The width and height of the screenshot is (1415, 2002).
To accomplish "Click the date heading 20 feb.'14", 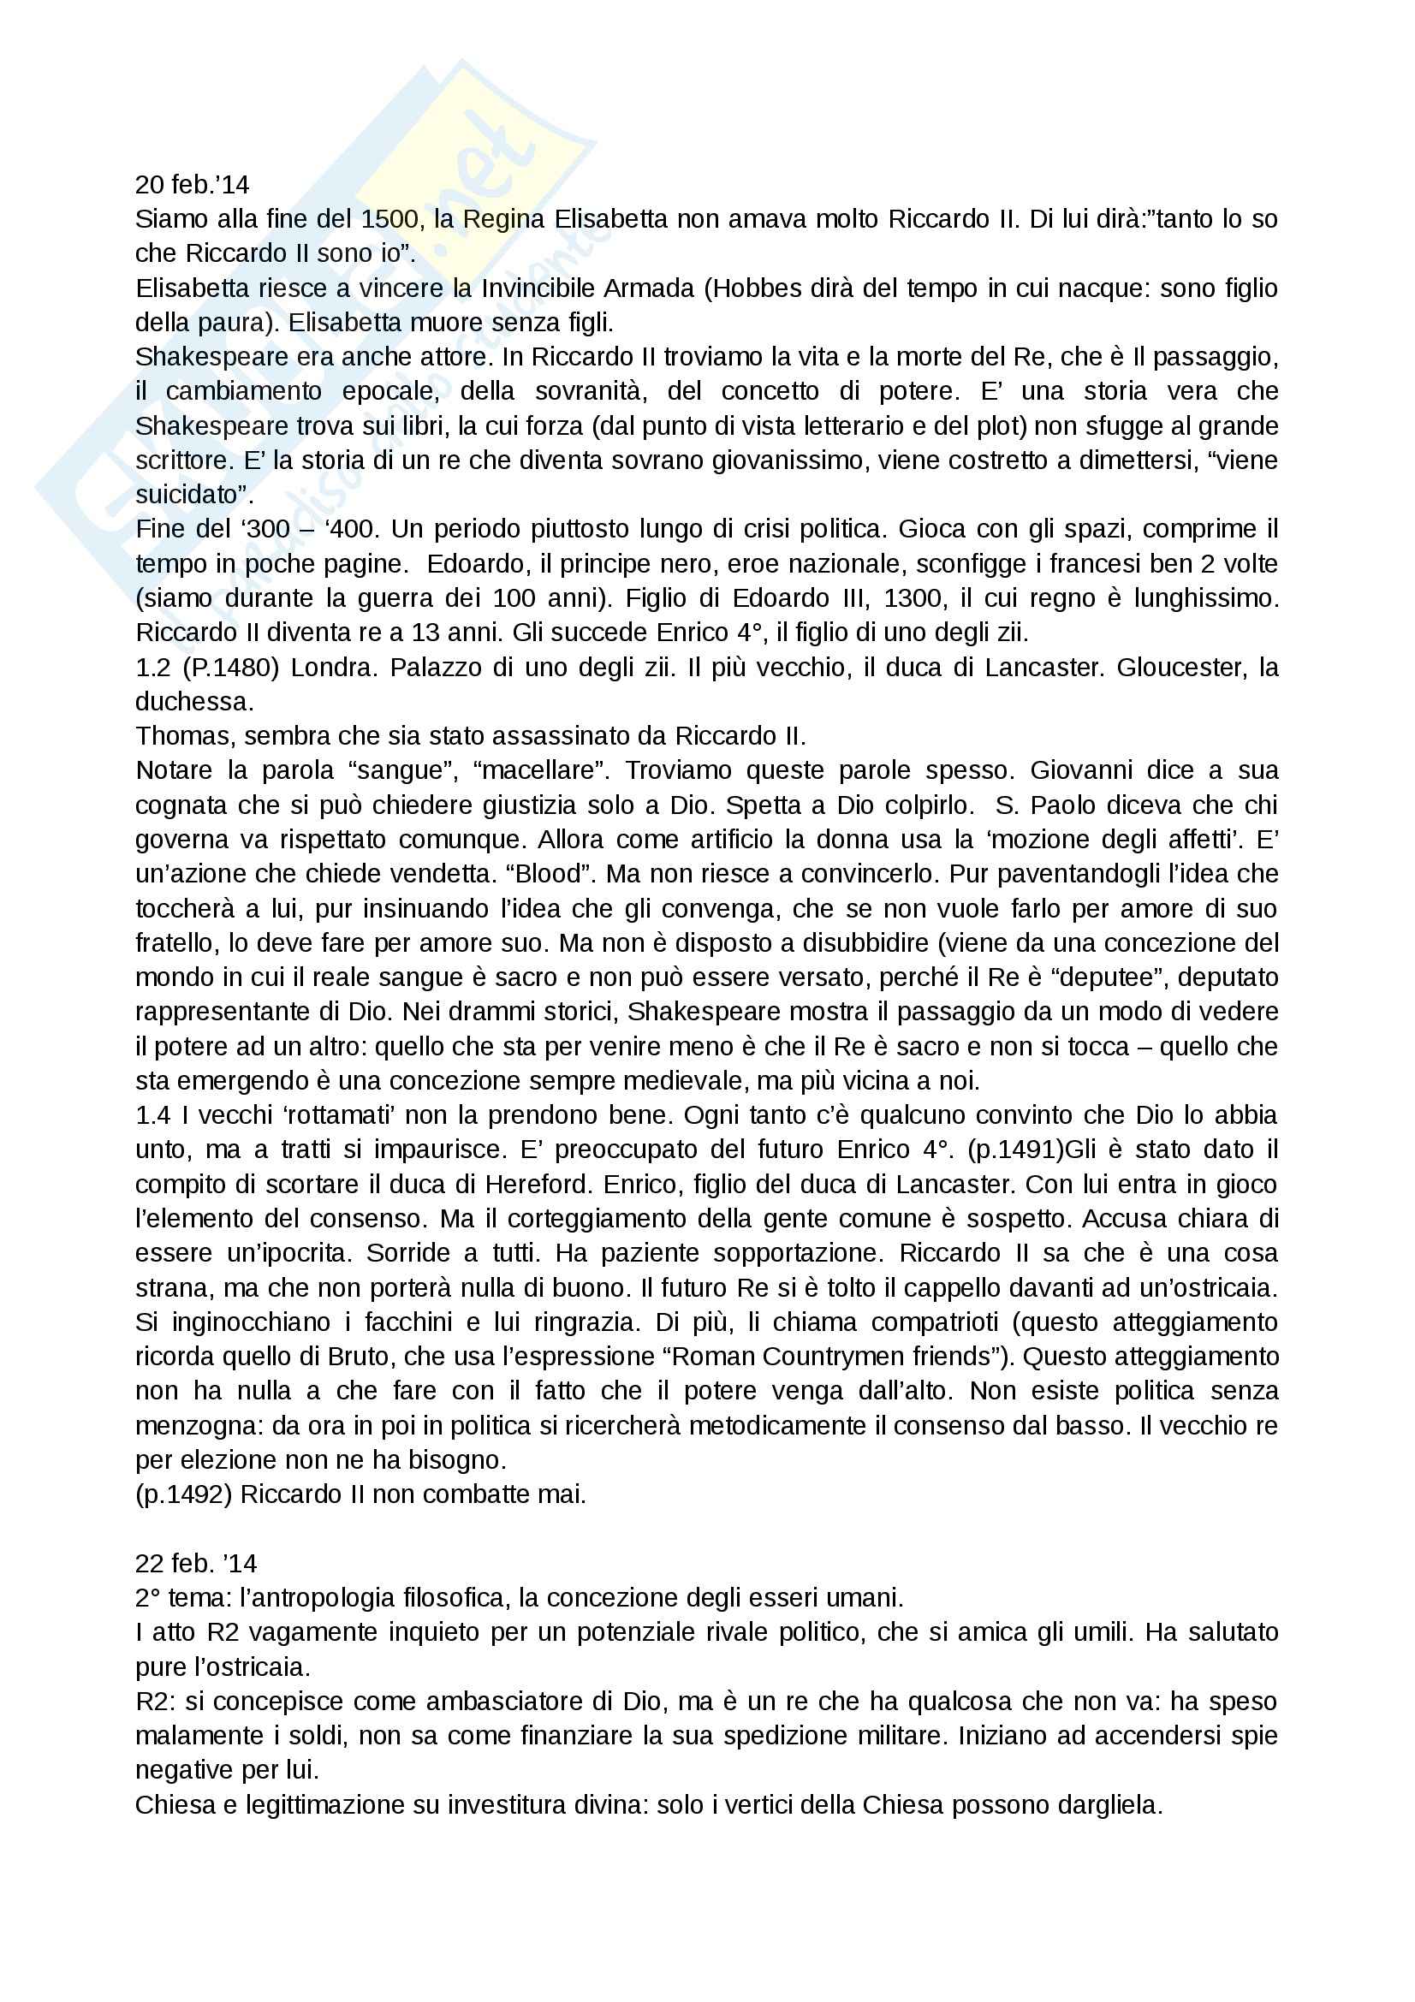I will (192, 185).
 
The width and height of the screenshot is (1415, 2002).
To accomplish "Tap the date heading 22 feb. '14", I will (195, 1564).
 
